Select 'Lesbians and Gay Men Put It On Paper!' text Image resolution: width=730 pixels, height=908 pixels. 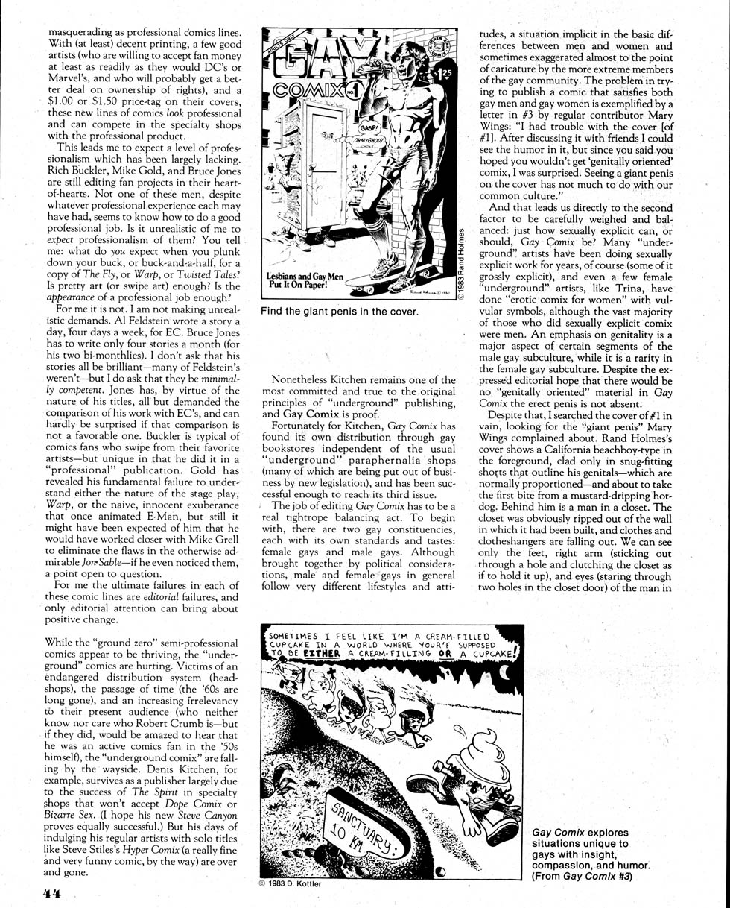pyautogui.click(x=304, y=278)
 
